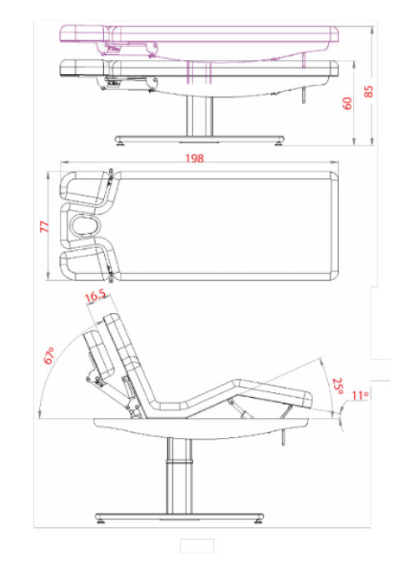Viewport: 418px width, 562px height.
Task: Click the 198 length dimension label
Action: pos(195,158)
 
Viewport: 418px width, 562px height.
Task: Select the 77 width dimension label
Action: pos(44,226)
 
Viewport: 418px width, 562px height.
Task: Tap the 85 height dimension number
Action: pos(368,91)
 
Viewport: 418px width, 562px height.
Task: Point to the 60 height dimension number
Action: pos(347,103)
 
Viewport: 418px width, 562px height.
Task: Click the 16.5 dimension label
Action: pos(95,296)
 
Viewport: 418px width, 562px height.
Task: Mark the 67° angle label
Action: pos(49,356)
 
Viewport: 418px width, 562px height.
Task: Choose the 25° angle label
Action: pos(338,385)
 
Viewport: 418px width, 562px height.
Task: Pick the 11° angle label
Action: pos(360,395)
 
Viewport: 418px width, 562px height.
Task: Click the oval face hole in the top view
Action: pos(85,226)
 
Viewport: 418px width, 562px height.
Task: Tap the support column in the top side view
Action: pos(200,116)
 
